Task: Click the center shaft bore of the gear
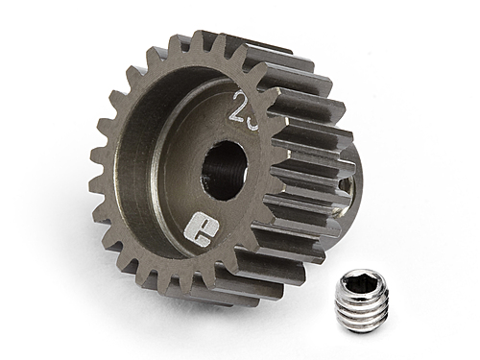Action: pyautogui.click(x=224, y=169)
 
